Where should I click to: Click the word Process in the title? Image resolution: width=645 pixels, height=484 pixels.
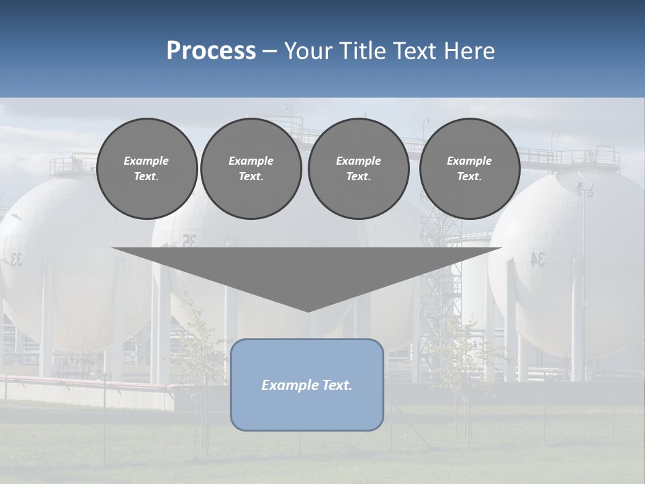coord(211,51)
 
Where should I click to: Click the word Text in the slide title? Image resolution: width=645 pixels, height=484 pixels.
coord(415,51)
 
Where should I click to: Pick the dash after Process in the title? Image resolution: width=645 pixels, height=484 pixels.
coord(269,52)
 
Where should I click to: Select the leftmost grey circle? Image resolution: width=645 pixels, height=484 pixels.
coord(146,169)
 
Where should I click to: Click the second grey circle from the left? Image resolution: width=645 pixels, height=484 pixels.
coord(251,169)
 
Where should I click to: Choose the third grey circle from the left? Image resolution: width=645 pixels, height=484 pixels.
coord(358,169)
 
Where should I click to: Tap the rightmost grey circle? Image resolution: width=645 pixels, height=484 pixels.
coord(469,169)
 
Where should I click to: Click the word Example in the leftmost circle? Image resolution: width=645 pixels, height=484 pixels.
coord(146,161)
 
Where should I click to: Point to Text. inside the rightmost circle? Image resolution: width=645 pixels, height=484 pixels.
coord(469,177)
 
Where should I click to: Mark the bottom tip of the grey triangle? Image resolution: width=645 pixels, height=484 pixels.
coord(308,310)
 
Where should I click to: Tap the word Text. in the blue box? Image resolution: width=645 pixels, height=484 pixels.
coord(336,385)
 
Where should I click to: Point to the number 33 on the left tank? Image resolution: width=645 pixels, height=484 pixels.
coord(14,259)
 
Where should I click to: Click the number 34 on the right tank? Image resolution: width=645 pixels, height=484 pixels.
coord(538,259)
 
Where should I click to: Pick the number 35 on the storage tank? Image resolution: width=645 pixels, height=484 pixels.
coord(189,241)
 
